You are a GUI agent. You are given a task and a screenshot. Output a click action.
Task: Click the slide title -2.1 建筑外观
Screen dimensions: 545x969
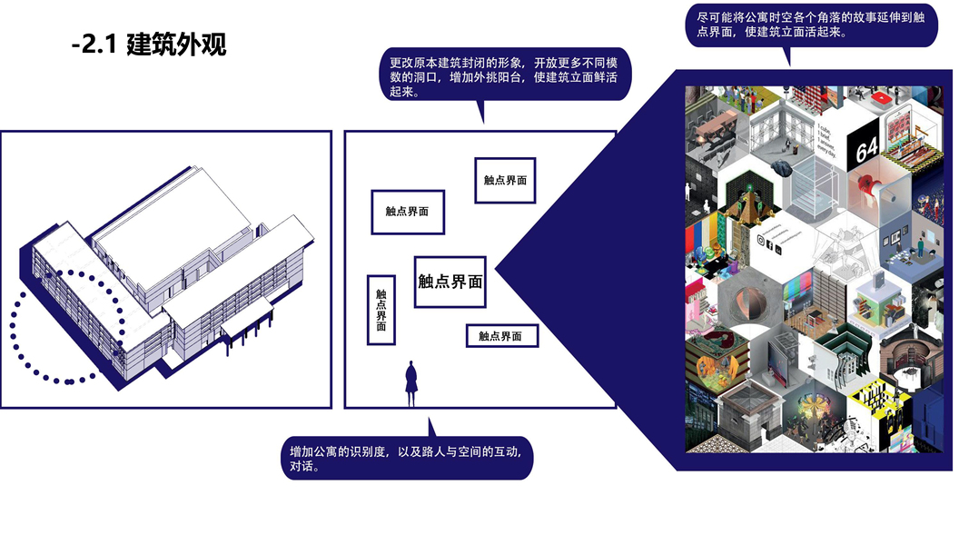[x=149, y=45]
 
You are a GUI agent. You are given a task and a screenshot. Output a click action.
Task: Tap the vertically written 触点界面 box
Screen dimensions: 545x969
[x=381, y=310]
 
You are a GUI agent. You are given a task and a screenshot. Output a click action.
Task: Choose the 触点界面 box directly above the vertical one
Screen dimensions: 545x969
[x=407, y=212]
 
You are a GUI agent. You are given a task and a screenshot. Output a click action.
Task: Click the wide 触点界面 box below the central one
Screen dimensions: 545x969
[x=501, y=336]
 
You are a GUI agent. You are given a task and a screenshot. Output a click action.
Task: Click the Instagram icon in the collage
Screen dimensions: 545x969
[x=761, y=241]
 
